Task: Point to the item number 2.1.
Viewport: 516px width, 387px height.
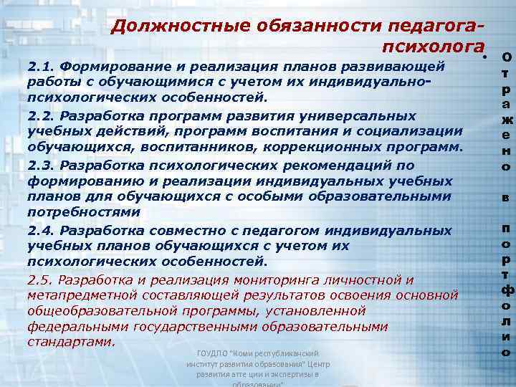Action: coord(41,67)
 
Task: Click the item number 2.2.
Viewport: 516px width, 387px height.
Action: coord(41,116)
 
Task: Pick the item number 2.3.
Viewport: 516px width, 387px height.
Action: coord(41,166)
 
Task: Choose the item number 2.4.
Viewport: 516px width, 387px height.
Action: coord(41,230)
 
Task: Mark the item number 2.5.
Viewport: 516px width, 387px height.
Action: coord(41,279)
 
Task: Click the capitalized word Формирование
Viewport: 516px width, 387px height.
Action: coord(112,67)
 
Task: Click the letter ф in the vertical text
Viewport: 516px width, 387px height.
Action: coord(506,290)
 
